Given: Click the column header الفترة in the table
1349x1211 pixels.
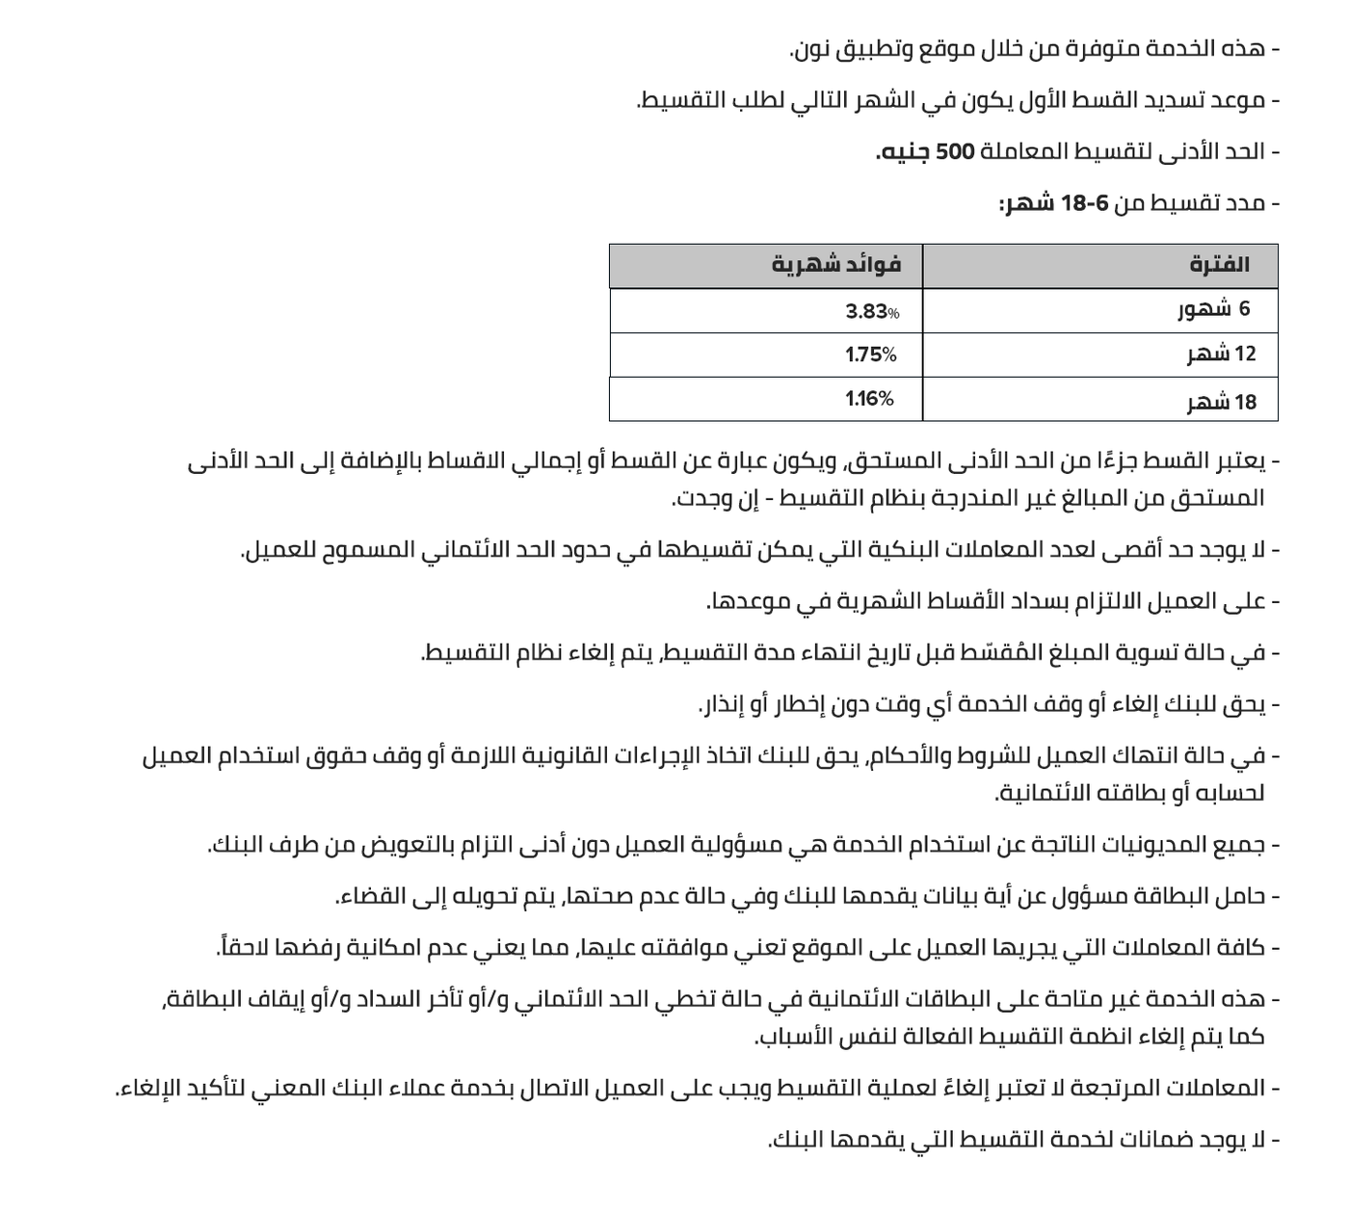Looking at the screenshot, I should [x=1219, y=265].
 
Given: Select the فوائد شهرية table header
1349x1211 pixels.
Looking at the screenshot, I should [x=835, y=265].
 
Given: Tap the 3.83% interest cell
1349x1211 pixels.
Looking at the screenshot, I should [x=872, y=311].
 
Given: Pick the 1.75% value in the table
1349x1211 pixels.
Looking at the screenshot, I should [x=871, y=355].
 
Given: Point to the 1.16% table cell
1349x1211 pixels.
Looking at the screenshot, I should [x=869, y=398].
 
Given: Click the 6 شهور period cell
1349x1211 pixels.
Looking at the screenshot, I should [x=1214, y=309].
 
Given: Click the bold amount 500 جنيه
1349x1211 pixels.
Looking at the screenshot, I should [x=926, y=152].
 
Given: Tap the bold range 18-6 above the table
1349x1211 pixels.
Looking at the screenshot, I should [x=1085, y=203].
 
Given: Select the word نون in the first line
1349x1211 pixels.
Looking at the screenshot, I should [x=812, y=49].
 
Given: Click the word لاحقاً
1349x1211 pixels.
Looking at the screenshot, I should [x=242, y=948].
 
